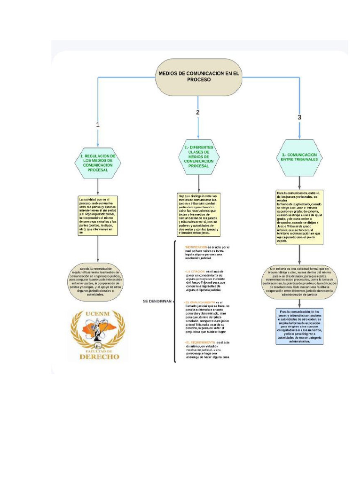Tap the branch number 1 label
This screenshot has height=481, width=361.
click(x=98, y=125)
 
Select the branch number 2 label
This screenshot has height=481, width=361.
click(x=198, y=112)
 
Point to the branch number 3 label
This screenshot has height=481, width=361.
click(x=299, y=117)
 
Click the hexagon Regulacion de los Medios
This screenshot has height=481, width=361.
click(x=98, y=163)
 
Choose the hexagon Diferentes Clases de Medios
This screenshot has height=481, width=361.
click(x=199, y=157)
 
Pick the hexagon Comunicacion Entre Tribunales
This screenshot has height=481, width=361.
click(x=299, y=157)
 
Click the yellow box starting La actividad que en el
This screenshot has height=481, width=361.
click(x=98, y=215)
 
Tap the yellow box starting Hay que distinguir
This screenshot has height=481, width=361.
click(x=199, y=214)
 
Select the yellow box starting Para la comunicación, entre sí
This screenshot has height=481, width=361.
click(x=299, y=217)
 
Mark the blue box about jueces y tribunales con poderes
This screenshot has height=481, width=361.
click(x=299, y=326)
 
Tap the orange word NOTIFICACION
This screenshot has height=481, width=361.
click(x=196, y=247)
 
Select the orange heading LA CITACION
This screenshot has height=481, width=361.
click(x=195, y=272)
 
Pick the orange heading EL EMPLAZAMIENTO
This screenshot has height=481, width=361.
click(x=200, y=302)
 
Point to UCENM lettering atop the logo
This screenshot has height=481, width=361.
click(x=98, y=315)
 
